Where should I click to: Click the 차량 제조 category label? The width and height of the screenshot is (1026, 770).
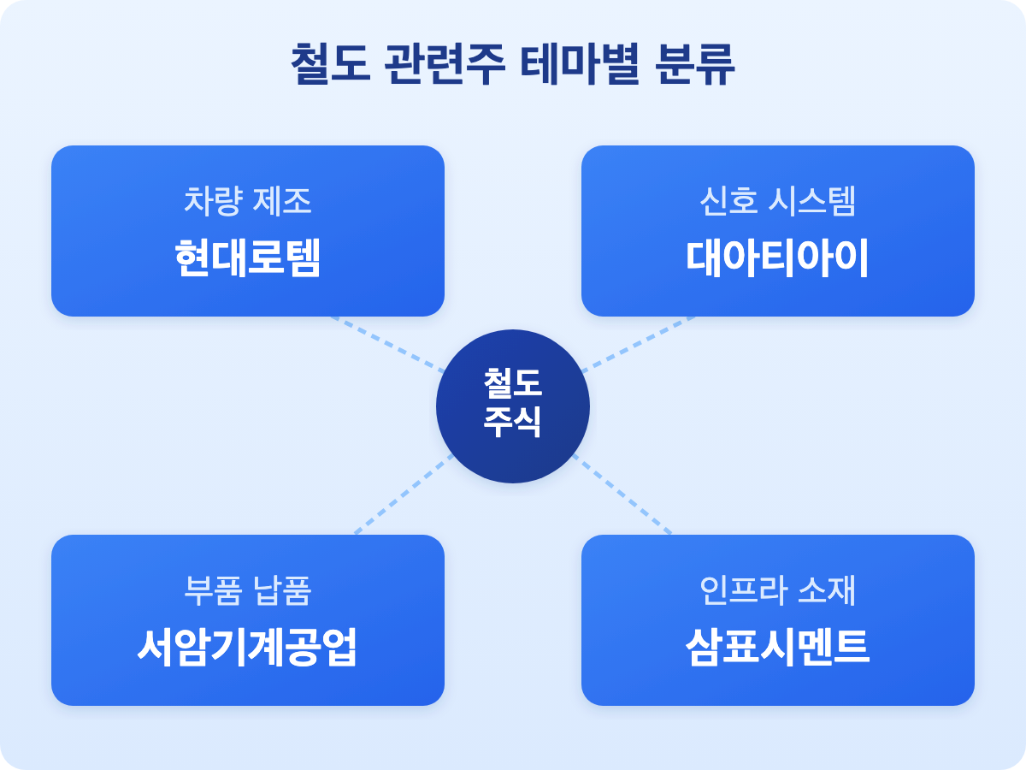coord(247,201)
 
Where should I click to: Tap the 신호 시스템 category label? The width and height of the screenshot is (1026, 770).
coord(777,201)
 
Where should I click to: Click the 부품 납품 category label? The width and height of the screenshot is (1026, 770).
coord(247,590)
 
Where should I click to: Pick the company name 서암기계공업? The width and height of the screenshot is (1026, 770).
coord(247,649)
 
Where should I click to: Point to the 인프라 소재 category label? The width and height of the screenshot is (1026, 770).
coord(777,590)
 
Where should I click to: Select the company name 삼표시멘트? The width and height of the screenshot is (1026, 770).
coord(777,649)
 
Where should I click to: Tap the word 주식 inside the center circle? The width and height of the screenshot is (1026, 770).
coord(512,423)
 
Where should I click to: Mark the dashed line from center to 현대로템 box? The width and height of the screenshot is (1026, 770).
coord(389,345)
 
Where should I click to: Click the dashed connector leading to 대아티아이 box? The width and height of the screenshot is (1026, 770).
coord(637,344)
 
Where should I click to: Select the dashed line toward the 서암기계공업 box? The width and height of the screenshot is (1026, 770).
coord(402,495)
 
